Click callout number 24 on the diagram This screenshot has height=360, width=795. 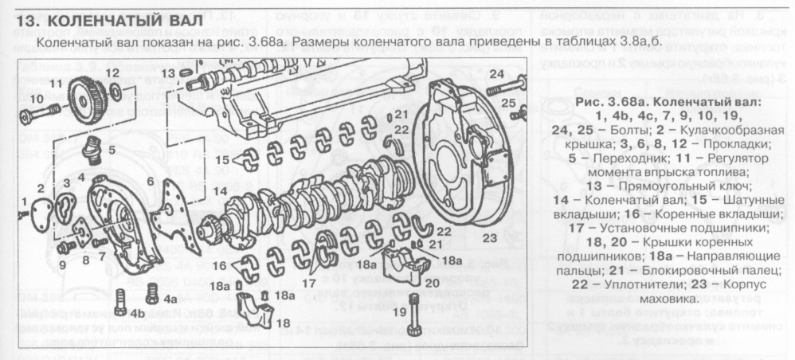click(x=496, y=75)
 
